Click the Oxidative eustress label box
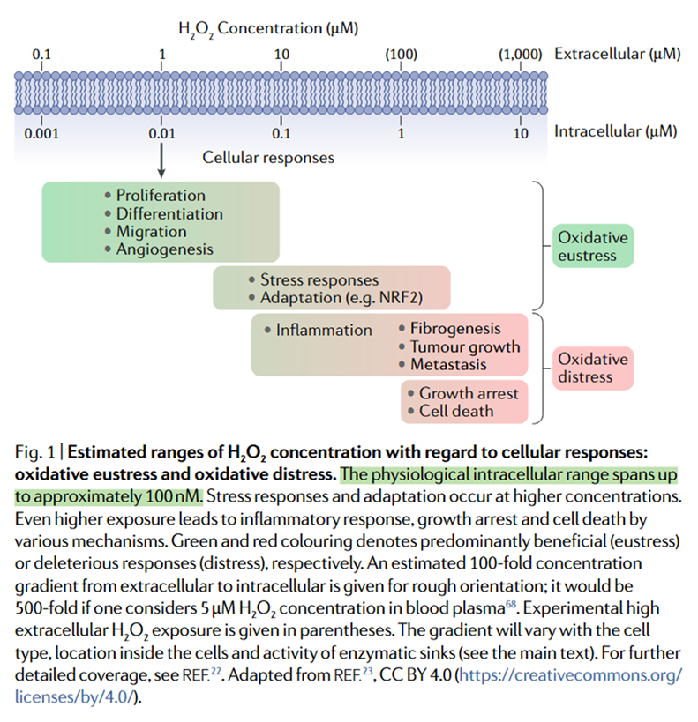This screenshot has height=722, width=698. (594, 247)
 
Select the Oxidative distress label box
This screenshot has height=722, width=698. (594, 368)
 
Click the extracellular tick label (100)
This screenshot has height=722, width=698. (402, 55)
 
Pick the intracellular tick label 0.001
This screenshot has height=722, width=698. (41, 134)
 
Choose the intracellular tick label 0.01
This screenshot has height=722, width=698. (161, 134)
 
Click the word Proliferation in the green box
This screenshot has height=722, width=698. (161, 196)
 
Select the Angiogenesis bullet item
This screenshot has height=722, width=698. (165, 249)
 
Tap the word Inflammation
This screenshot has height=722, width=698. (324, 330)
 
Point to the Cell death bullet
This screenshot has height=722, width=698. (456, 411)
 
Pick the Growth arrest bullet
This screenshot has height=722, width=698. (469, 392)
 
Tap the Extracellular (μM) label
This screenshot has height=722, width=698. (617, 55)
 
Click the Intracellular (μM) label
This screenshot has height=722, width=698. (615, 132)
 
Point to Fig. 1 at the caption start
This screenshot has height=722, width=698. (37, 453)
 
